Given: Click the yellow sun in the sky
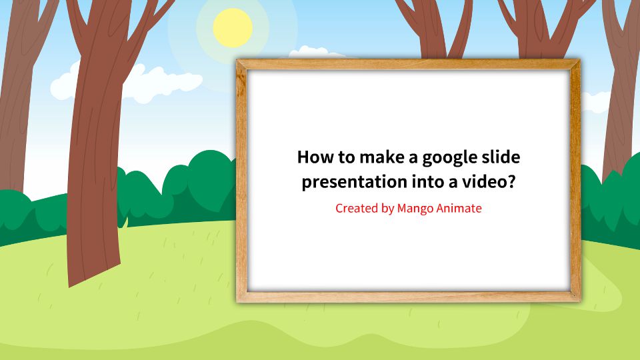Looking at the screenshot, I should coord(233,28).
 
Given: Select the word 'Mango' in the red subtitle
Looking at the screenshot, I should coord(415,208).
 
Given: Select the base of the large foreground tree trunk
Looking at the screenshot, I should coord(93,270).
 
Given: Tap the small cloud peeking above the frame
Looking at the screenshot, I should coord(313,53).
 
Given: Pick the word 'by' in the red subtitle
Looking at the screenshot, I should coord(388,208).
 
